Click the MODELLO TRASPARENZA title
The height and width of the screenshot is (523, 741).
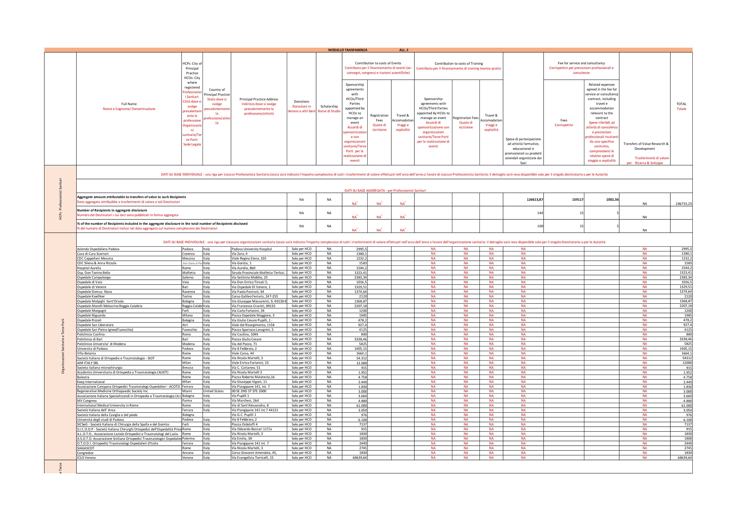tap(348, 50)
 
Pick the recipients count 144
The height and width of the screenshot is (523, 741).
tap(540, 213)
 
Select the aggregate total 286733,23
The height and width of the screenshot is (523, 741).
tap(684, 204)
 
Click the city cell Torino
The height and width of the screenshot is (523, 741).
tap(187, 296)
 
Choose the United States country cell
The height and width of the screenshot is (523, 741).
tap(213, 391)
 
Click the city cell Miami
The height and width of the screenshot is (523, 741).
tap(187, 391)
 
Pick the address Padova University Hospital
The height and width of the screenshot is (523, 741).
tap(252, 249)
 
